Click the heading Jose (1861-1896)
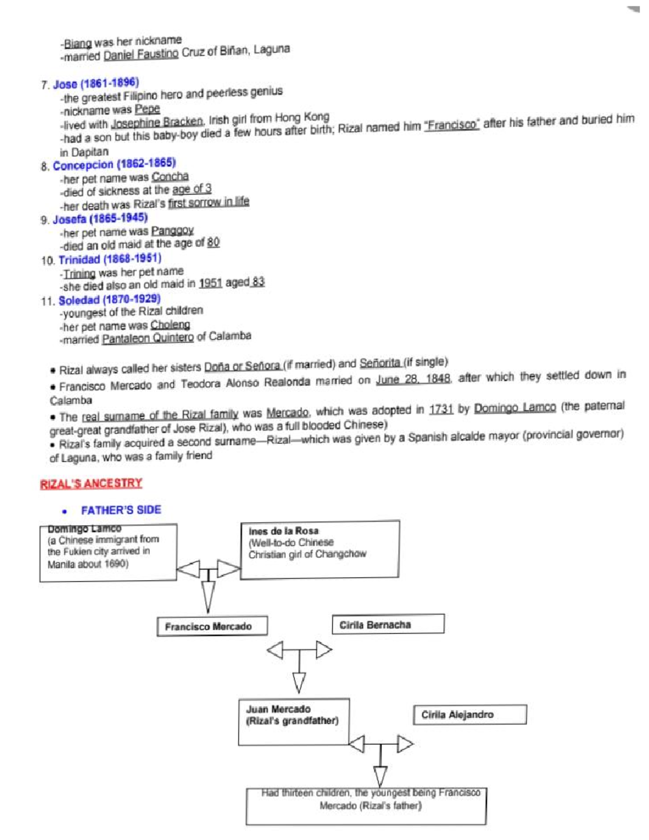pyautogui.click(x=96, y=84)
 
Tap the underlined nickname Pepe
pyautogui.click(x=147, y=109)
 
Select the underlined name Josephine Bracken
pyautogui.click(x=157, y=122)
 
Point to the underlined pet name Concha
pyautogui.click(x=170, y=177)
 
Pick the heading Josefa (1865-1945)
pyautogui.click(x=100, y=219)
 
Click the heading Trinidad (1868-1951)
pyautogui.click(x=110, y=259)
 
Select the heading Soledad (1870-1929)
pyautogui.click(x=109, y=300)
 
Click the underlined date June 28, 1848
pyautogui.click(x=413, y=379)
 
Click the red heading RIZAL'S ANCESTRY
pyautogui.click(x=91, y=484)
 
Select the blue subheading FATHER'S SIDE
pyautogui.click(x=121, y=510)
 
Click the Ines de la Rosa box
pyautogui.click(x=320, y=550)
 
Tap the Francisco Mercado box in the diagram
pyautogui.click(x=212, y=626)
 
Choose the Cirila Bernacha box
pyautogui.click(x=388, y=624)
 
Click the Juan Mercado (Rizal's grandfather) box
pyautogui.click(x=294, y=722)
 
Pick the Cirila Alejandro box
pyautogui.click(x=469, y=715)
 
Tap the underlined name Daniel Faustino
pyautogui.click(x=141, y=55)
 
